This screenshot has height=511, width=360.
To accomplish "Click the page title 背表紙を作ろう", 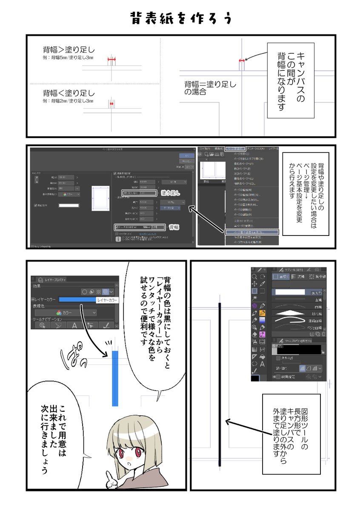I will coord(180,19).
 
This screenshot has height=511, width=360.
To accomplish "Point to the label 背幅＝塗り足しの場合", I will coord(210,87).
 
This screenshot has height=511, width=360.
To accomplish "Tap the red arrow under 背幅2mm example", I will coord(111,103).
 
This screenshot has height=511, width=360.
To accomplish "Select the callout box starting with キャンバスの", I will coord(291,80).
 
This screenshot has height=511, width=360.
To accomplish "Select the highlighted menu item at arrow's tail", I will coord(251,232).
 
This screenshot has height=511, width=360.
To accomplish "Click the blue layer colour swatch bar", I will coord(77,300).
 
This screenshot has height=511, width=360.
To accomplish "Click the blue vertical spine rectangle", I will coord(115,379).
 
